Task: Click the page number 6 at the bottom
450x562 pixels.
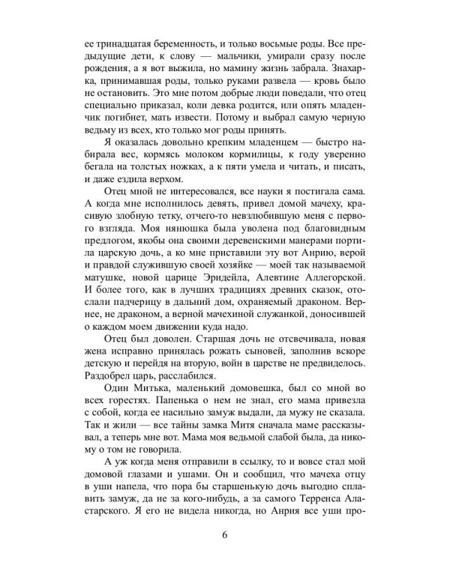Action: pyautogui.click(x=225, y=534)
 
